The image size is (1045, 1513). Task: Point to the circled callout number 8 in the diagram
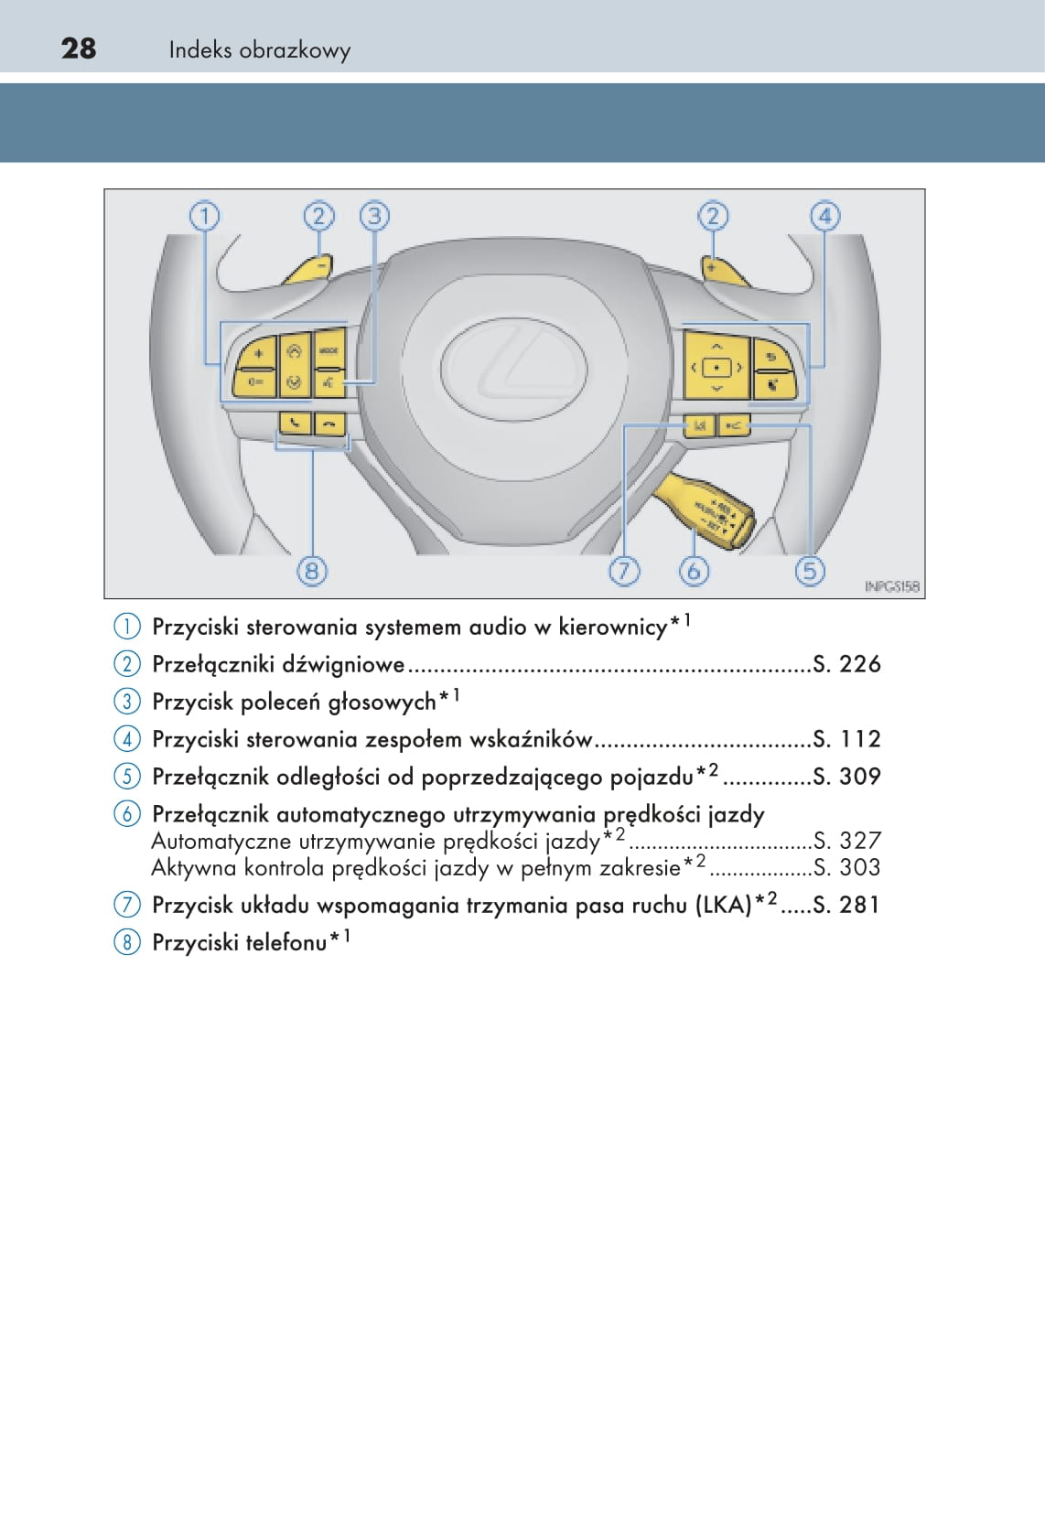(x=312, y=571)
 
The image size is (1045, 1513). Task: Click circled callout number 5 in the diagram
(x=809, y=571)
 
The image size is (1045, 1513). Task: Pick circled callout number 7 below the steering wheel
(x=623, y=571)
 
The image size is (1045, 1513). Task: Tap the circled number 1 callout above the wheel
(x=204, y=217)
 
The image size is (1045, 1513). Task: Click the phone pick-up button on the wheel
(x=295, y=423)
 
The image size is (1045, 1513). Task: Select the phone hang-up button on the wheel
(x=329, y=423)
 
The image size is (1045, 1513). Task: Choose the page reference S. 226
(x=846, y=664)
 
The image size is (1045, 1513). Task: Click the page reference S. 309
(x=846, y=777)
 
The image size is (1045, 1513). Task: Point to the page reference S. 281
(x=846, y=905)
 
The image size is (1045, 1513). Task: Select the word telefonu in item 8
(x=285, y=942)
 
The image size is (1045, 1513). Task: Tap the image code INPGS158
(x=891, y=586)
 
